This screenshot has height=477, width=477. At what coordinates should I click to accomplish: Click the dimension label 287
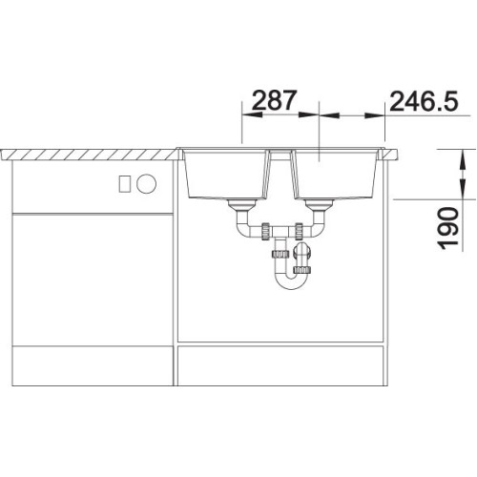point(274,100)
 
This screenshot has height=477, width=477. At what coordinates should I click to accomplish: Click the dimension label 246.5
point(424,101)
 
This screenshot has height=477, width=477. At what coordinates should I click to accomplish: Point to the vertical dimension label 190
point(448,228)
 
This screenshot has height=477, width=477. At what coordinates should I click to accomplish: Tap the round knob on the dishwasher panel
point(146,183)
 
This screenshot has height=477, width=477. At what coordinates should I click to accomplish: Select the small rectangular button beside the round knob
point(125,183)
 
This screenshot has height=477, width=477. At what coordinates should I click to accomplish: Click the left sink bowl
point(225,175)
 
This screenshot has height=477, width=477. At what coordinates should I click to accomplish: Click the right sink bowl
point(335,175)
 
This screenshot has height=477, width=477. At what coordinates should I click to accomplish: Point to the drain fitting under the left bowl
point(242,206)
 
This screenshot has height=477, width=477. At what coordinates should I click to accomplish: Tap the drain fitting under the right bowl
point(319,206)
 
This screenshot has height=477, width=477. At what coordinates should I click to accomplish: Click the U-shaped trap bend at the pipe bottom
point(291,281)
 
